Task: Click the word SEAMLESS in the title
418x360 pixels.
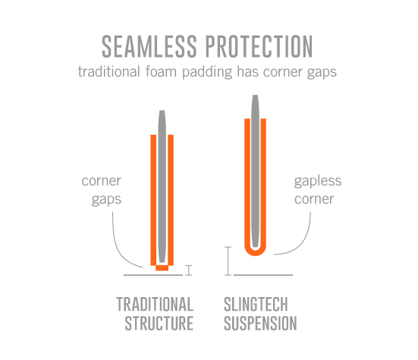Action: [x=149, y=46]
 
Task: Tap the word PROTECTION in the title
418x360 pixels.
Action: [x=259, y=46]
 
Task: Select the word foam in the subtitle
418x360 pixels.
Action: [x=161, y=71]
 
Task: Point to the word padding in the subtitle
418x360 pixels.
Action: [x=207, y=72]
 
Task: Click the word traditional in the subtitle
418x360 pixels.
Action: [x=108, y=71]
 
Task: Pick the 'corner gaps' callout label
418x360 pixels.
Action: [x=102, y=191]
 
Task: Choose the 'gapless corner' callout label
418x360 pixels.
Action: [x=318, y=190]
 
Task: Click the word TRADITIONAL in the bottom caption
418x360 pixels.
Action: [x=155, y=305]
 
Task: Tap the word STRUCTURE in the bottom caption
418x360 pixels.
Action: [x=159, y=324]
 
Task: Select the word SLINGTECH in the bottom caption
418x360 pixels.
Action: [x=256, y=305]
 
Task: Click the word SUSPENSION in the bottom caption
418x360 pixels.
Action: [x=260, y=324]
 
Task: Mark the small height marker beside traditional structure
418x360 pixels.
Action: [x=189, y=270]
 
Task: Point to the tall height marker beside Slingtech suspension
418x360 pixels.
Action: [x=228, y=261]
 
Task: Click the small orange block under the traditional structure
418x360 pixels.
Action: [x=162, y=268]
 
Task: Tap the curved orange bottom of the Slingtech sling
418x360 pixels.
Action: [x=256, y=252]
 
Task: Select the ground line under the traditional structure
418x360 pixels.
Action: [x=153, y=275]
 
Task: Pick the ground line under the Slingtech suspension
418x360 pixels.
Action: [x=263, y=275]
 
